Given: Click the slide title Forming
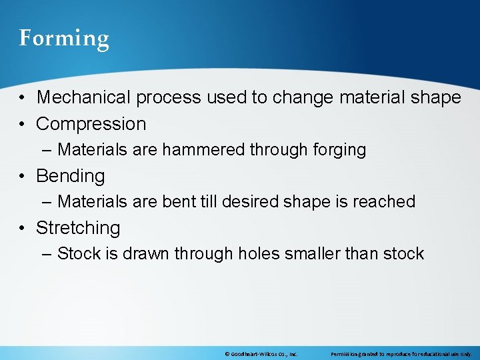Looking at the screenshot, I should [x=64, y=38].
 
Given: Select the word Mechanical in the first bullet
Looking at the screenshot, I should [x=84, y=97].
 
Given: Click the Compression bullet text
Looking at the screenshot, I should [x=91, y=124].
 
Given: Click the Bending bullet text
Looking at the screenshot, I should [x=71, y=176].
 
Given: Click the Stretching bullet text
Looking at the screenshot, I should [x=78, y=228].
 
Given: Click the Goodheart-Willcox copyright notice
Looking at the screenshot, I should [x=261, y=354].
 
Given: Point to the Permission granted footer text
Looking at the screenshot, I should [x=401, y=354].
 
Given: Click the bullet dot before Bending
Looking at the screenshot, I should [x=23, y=177].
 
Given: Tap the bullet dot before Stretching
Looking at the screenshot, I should [x=23, y=229].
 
